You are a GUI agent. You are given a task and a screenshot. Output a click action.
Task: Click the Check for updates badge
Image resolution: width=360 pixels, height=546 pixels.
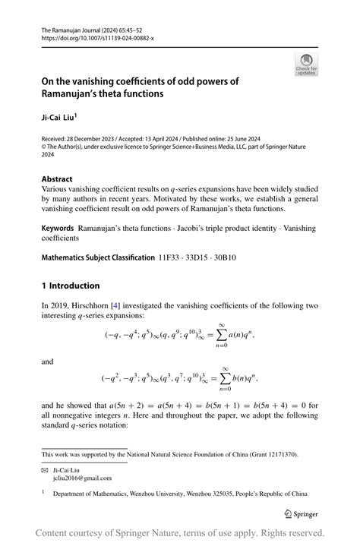tap(306, 65)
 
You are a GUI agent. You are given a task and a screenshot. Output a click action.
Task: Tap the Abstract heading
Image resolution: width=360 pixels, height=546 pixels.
tap(57, 179)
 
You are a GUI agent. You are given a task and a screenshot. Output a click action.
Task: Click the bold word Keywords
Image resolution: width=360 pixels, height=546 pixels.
tap(57, 228)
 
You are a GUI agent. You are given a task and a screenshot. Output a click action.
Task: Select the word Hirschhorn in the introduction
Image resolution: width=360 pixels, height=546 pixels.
tap(86, 305)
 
